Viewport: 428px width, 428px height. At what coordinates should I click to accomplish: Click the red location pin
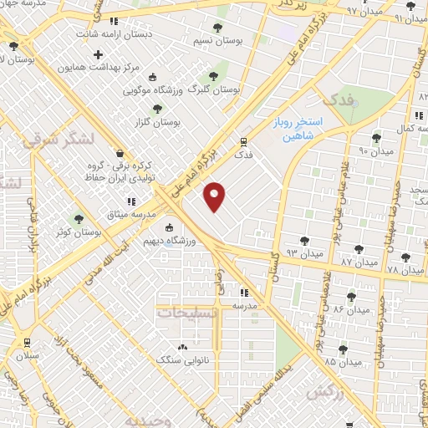click(216, 196)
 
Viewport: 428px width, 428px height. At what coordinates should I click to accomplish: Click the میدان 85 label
click(343, 362)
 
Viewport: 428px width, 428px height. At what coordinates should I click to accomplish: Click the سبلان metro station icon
click(27, 342)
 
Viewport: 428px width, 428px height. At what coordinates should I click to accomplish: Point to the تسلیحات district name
click(187, 312)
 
